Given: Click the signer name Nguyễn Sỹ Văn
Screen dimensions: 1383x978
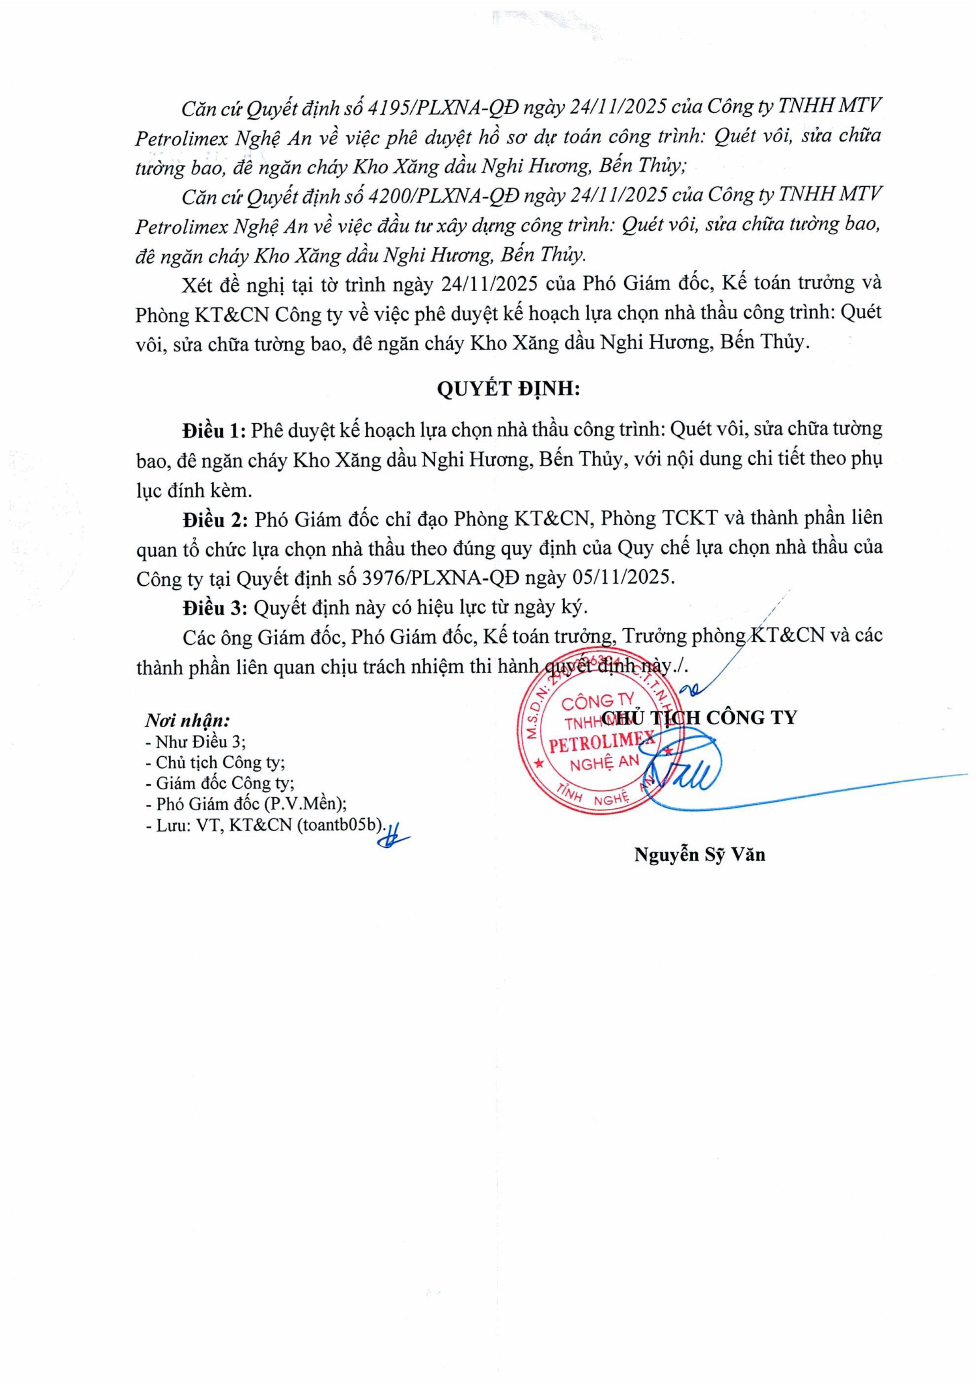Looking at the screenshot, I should click(699, 855).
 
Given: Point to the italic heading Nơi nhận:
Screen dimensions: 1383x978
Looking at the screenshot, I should click(187, 720).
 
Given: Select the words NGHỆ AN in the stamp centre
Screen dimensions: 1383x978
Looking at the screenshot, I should click(604, 763).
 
